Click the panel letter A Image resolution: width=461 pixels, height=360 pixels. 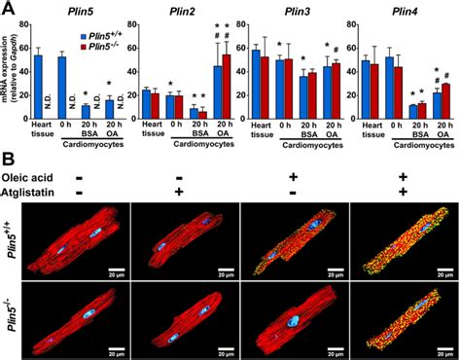7,9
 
